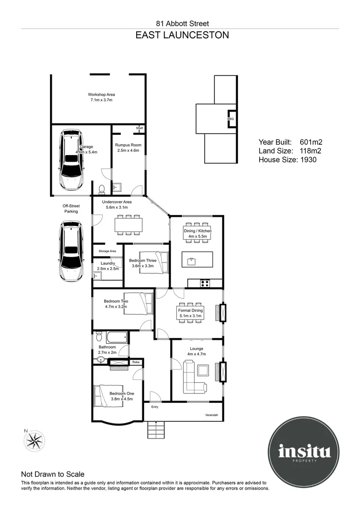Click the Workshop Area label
(x=101, y=97)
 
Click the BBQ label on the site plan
(x=230, y=119)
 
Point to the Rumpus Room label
(x=128, y=148)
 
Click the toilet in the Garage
(x=102, y=189)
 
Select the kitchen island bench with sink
(x=197, y=259)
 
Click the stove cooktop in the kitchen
(x=205, y=283)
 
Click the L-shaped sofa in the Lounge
(x=193, y=377)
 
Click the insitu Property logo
(x=304, y=452)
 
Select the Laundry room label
(x=108, y=266)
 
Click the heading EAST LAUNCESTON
(x=182, y=35)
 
